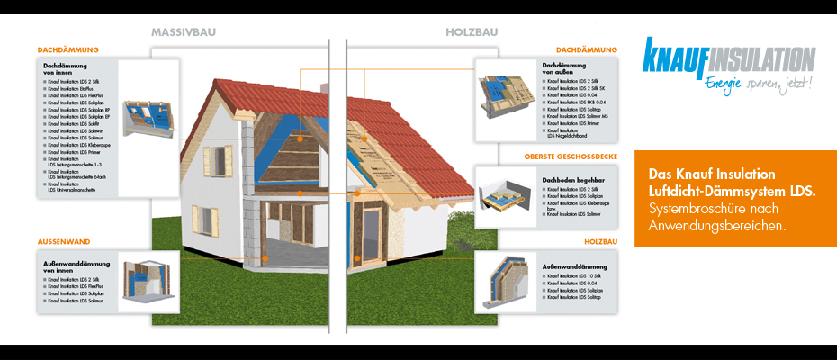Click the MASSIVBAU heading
[184, 31]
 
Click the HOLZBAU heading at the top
[470, 31]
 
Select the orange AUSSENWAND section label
[63, 242]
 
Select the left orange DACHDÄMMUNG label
[68, 49]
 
